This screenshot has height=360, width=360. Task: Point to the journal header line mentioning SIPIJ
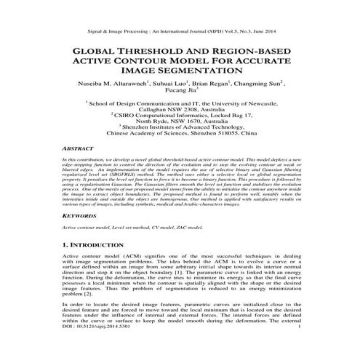pos(180,31)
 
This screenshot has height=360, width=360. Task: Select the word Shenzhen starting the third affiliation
pos(137,127)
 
